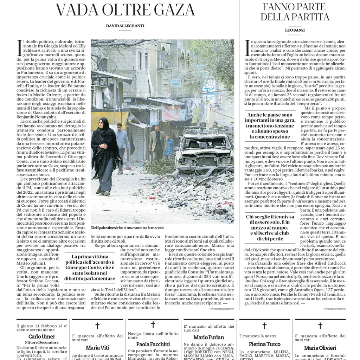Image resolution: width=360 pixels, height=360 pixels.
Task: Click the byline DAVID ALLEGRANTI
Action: click(125, 26)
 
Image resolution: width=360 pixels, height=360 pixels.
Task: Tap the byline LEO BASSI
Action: click(295, 31)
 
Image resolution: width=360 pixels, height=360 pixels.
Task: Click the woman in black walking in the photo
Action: click(105, 155)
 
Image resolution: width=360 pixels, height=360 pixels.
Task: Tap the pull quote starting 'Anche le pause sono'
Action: click(270, 126)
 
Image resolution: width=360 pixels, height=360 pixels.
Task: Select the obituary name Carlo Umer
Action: click(41, 336)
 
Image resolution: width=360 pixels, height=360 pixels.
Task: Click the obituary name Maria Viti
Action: click(97, 348)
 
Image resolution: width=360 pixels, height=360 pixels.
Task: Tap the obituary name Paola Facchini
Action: click(153, 344)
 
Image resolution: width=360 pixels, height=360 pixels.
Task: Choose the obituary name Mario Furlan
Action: click(208, 337)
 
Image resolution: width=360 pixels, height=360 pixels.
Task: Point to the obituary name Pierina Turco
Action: click(265, 344)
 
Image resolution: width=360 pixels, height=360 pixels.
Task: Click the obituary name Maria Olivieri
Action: click(320, 348)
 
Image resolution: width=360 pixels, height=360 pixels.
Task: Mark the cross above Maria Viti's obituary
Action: click(97, 326)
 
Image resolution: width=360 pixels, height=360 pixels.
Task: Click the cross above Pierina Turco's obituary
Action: click(264, 326)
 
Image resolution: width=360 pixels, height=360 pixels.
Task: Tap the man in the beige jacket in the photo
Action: click(157, 142)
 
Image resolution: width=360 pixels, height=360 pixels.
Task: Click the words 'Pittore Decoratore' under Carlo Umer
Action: click(41, 342)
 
